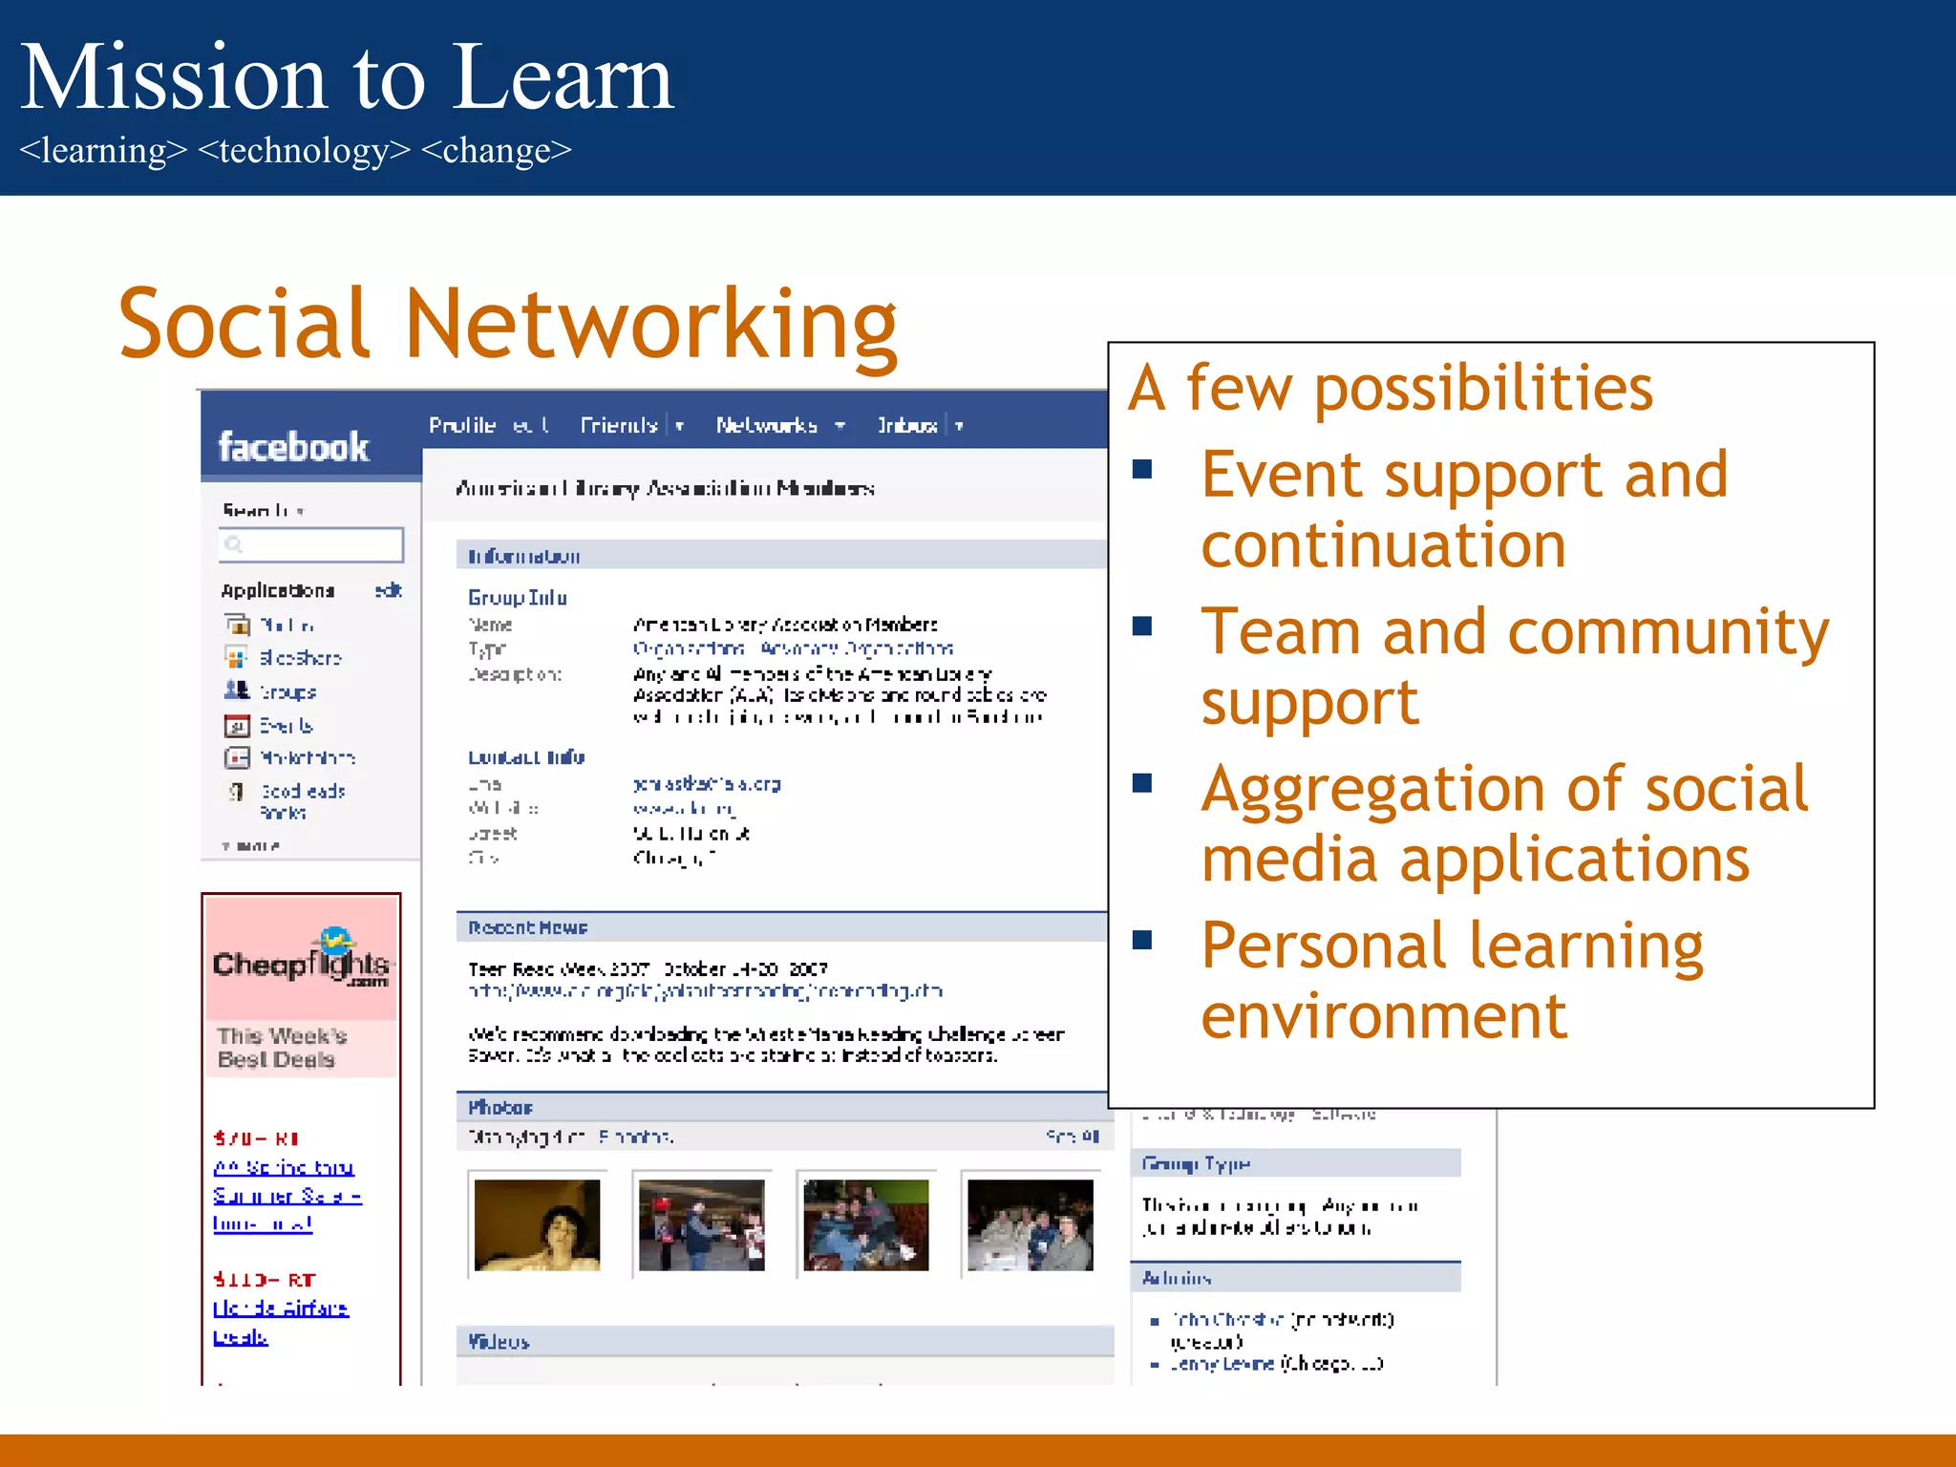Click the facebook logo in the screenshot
pos(293,447)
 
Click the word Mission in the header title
pos(172,78)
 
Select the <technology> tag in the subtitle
pos(304,151)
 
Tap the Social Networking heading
pos(506,325)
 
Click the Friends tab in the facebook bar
pos(619,425)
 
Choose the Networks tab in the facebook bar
pos(767,425)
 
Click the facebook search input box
pos(311,544)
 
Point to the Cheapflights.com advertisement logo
pos(301,959)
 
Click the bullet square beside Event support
pos(1142,469)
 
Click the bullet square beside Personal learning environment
pos(1142,940)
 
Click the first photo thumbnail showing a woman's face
pos(537,1224)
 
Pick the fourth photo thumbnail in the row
pos(1030,1224)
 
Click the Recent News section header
pos(527,927)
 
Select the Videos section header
pos(499,1342)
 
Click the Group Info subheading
pos(517,598)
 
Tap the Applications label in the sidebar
pos(277,591)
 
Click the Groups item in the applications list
pos(287,691)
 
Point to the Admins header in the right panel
pos(1177,1278)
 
